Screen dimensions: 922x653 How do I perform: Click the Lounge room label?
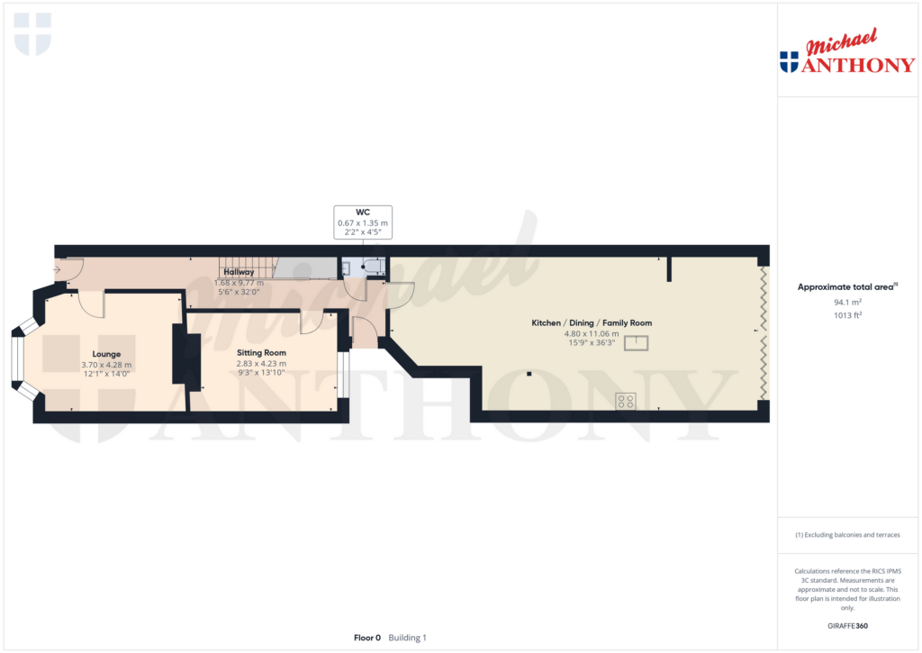tap(106, 354)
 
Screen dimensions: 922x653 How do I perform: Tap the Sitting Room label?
tap(262, 353)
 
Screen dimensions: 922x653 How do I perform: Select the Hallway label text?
tap(239, 272)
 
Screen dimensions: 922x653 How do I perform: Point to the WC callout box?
tap(363, 222)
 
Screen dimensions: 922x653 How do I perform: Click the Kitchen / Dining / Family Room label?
tap(592, 323)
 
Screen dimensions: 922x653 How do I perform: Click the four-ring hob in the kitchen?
tap(626, 401)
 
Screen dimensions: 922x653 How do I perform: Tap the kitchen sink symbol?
tap(636, 342)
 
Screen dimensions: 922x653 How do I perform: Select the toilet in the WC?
tap(373, 267)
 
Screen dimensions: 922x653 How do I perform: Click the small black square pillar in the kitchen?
tap(529, 374)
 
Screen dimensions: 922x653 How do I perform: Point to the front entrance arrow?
tap(57, 270)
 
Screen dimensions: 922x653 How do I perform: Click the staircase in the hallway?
tap(247, 268)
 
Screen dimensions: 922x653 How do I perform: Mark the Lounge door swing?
tap(92, 304)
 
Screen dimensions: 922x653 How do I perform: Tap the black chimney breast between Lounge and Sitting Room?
tap(185, 358)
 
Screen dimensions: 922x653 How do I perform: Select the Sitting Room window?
tap(343, 374)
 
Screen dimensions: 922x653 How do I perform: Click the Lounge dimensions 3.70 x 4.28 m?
tap(106, 365)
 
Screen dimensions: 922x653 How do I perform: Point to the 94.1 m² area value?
tap(847, 302)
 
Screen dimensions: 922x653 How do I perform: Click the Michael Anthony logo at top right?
tap(847, 51)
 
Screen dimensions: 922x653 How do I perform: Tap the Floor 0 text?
tap(367, 638)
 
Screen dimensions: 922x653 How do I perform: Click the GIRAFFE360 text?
tap(847, 626)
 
